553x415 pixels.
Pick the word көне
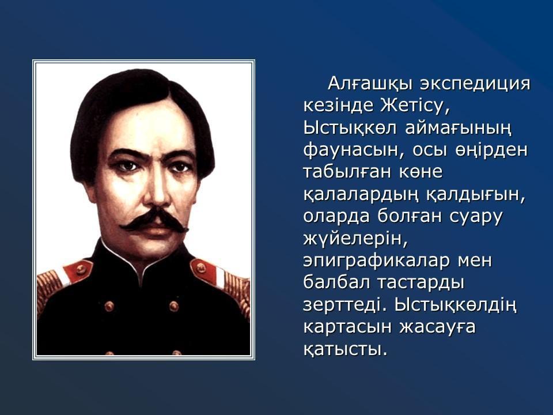click(421, 172)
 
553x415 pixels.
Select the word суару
click(475, 217)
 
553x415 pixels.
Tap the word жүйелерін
click(355, 239)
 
